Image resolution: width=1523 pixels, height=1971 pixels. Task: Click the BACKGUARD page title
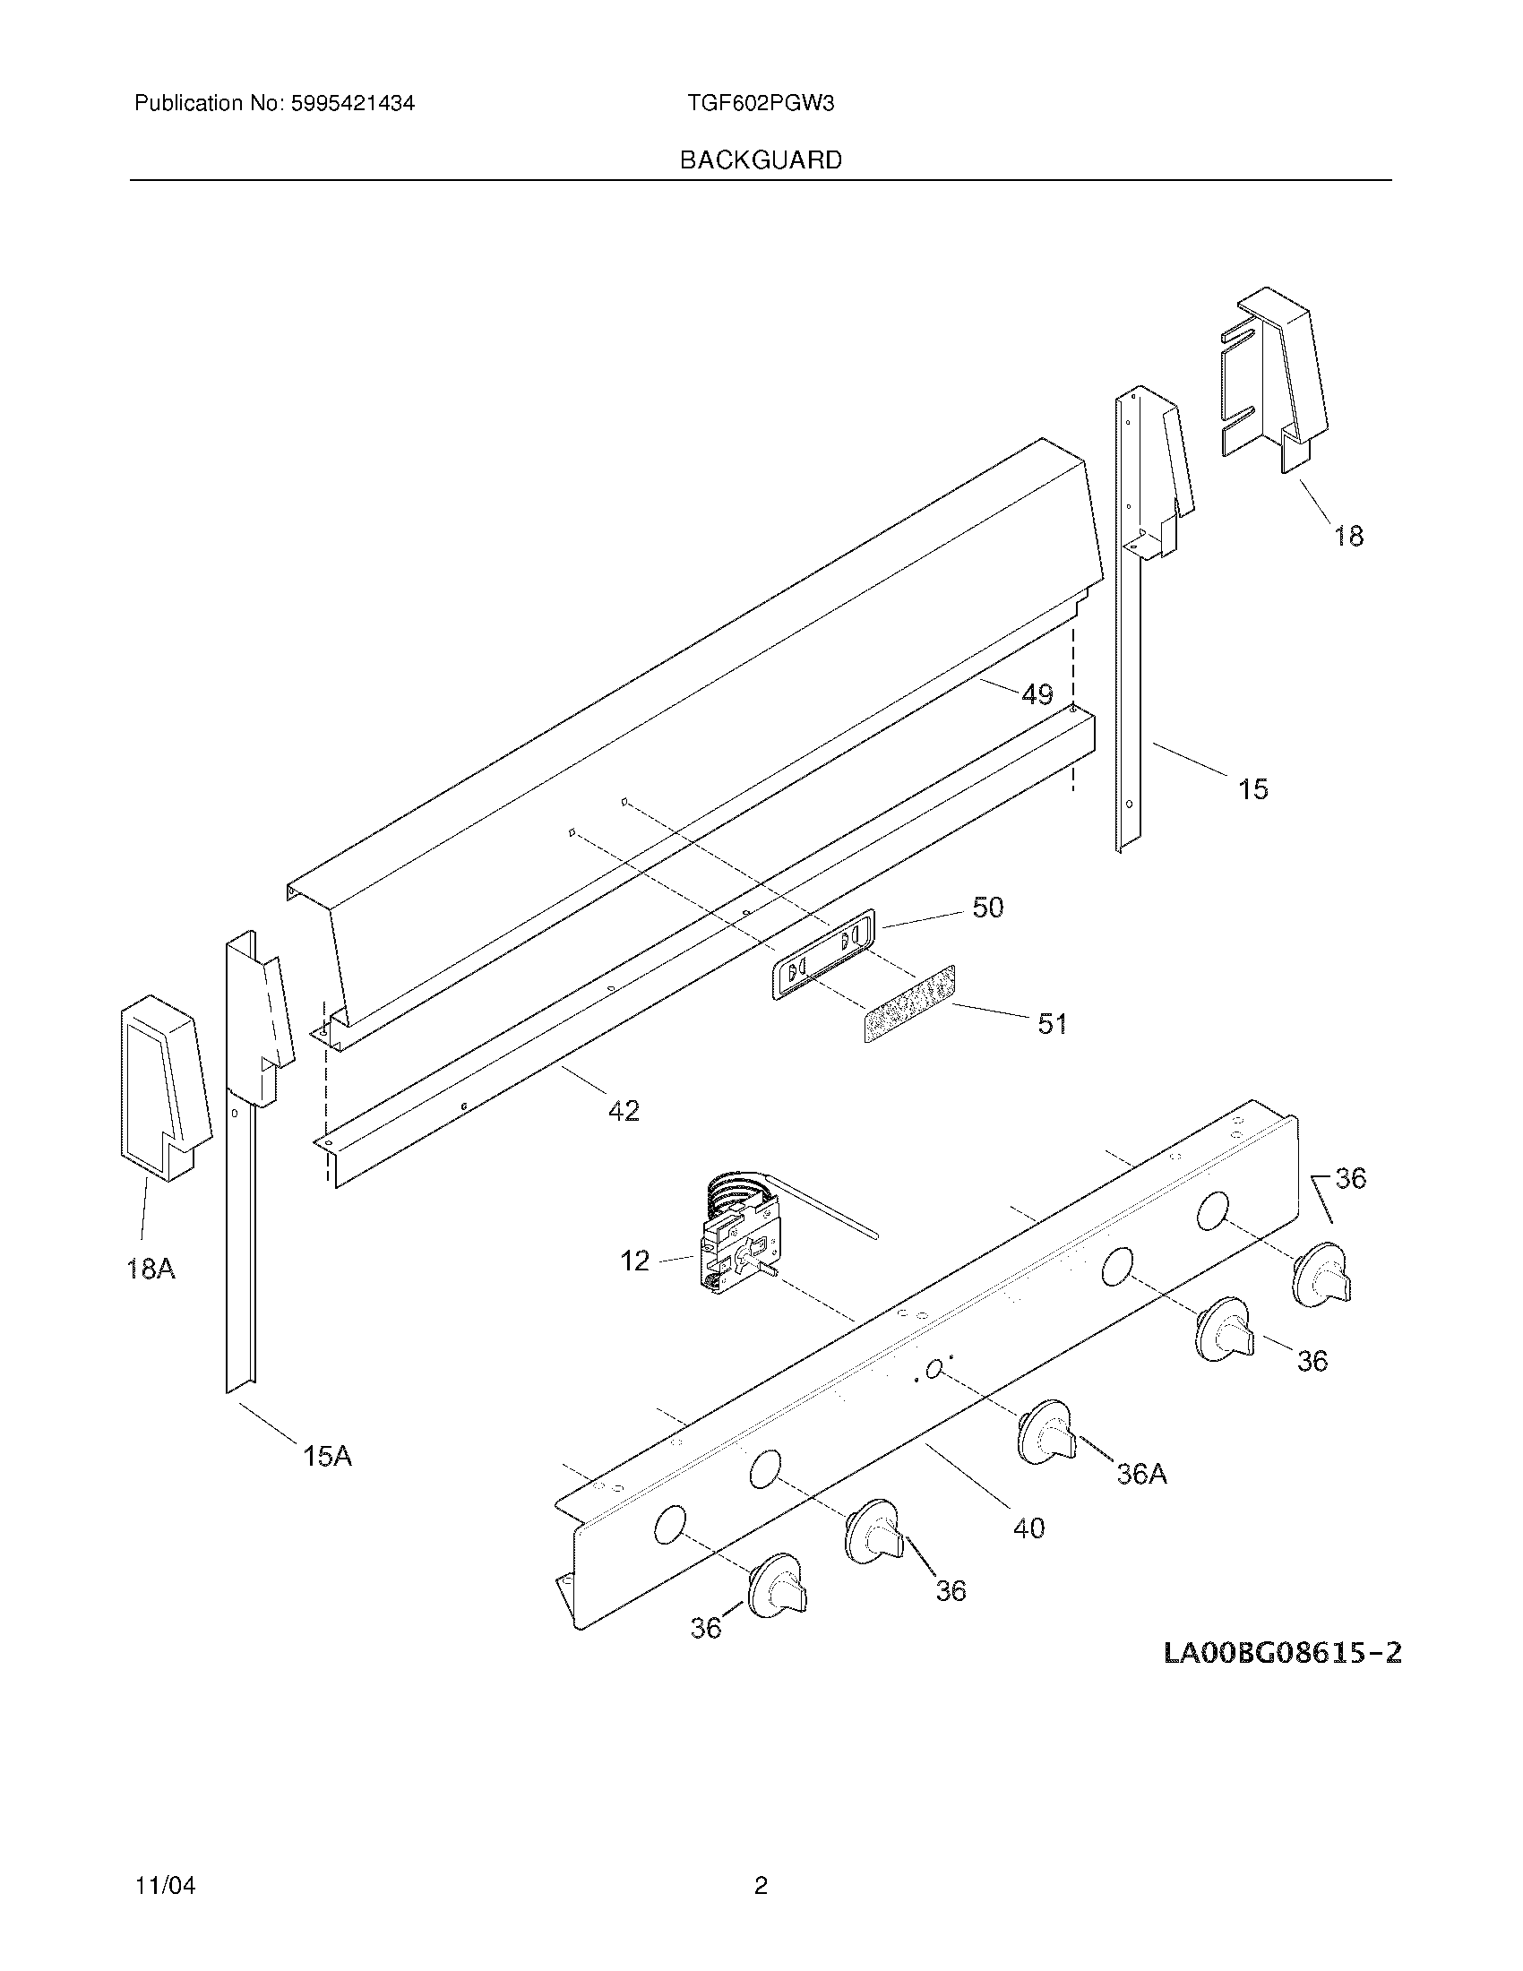click(x=761, y=159)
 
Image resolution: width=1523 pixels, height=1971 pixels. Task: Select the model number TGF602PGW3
click(x=761, y=103)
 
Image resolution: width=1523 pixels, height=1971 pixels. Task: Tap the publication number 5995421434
click(x=352, y=103)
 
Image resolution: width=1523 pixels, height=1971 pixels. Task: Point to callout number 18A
click(x=151, y=1269)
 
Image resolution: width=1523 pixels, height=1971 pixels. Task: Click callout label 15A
click(x=327, y=1456)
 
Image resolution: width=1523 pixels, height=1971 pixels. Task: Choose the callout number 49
click(x=1037, y=694)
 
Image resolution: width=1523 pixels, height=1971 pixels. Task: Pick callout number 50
click(x=987, y=907)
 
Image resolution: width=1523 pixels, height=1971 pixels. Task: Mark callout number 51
click(x=1052, y=1023)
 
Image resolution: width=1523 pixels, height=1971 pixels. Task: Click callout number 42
click(x=624, y=1110)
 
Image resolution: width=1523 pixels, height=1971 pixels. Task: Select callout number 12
click(x=634, y=1261)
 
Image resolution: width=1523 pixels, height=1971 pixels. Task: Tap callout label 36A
click(x=1141, y=1474)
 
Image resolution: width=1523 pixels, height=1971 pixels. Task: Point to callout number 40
click(x=1028, y=1528)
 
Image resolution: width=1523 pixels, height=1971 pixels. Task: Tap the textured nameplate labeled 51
click(x=908, y=1003)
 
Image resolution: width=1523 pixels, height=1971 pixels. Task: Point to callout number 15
click(x=1252, y=788)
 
